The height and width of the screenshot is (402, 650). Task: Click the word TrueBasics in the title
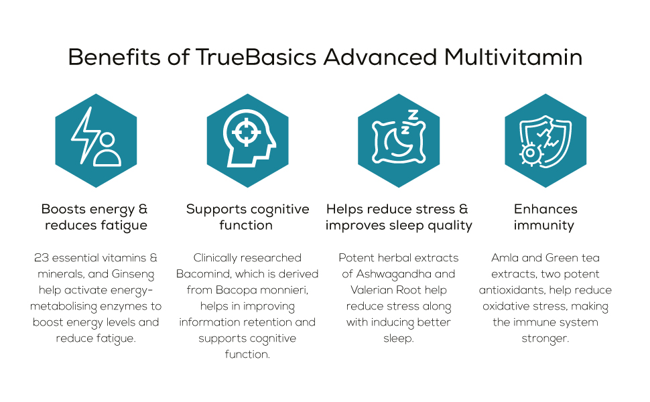(x=257, y=58)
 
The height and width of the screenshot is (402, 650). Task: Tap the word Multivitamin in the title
(x=513, y=58)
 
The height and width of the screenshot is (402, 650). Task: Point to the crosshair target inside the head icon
(x=246, y=131)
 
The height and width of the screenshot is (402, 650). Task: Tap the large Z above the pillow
(x=413, y=115)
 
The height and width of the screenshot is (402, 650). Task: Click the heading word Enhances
(x=545, y=209)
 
